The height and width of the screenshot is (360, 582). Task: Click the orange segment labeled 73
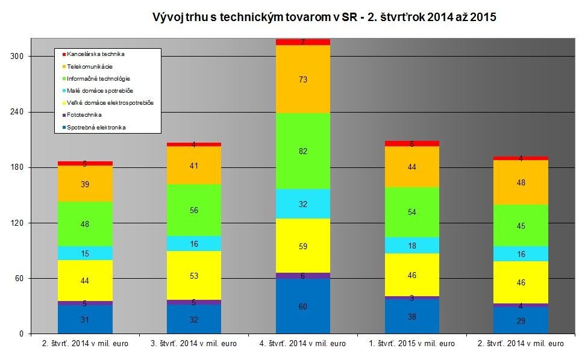[x=303, y=79]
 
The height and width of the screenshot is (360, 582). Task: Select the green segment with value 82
[x=303, y=151]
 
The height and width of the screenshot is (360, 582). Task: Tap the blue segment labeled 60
[x=303, y=306]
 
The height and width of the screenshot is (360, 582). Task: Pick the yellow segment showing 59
[x=303, y=246]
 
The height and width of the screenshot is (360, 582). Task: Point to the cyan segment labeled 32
[x=303, y=204]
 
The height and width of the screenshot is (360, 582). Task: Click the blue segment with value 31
[x=85, y=320]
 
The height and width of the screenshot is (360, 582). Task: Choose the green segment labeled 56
[x=194, y=210]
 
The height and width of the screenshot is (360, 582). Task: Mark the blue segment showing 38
[x=412, y=316]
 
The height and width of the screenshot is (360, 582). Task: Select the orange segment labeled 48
[x=521, y=182]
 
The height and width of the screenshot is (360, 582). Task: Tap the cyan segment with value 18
[x=412, y=246]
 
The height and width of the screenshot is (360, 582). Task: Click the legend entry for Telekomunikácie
[x=90, y=66]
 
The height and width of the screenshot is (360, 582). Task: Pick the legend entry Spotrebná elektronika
[x=96, y=127]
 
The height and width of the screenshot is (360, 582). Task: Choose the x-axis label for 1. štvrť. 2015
[x=412, y=344]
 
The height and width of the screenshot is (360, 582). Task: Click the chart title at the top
[x=324, y=17]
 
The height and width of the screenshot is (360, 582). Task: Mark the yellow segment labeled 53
[x=194, y=276]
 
